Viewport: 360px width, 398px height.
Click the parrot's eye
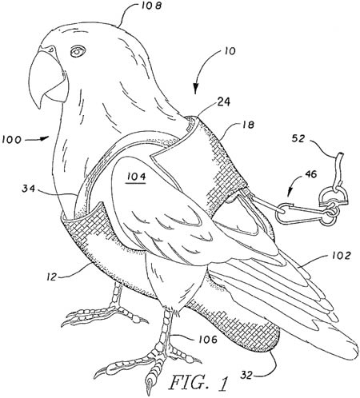click(x=78, y=51)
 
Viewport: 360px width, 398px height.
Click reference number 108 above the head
click(x=150, y=6)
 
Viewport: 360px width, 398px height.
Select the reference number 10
click(x=229, y=51)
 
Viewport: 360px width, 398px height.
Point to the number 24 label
click(x=223, y=101)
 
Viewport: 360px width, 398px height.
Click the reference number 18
click(x=248, y=125)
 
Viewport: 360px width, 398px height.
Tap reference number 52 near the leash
click(x=298, y=138)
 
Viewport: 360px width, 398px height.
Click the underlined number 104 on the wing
click(x=136, y=177)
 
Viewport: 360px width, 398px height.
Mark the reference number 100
click(x=11, y=140)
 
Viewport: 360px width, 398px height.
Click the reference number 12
click(x=52, y=277)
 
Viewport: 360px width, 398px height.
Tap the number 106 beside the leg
click(x=207, y=339)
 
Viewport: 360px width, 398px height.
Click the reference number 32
click(x=247, y=376)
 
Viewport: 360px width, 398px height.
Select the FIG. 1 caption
click(x=198, y=383)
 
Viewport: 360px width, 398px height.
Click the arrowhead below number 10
click(x=195, y=89)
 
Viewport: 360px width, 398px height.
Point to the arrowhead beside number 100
click(x=45, y=137)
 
